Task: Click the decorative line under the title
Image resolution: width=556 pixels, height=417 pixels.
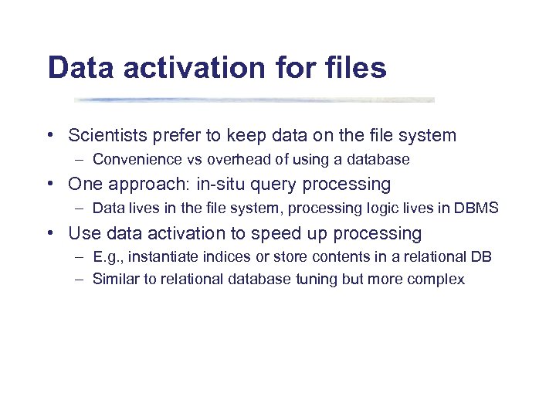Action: [x=255, y=100]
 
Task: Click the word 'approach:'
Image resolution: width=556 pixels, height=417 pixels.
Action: [x=140, y=185]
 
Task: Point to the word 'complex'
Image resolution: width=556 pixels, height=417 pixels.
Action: [x=439, y=280]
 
